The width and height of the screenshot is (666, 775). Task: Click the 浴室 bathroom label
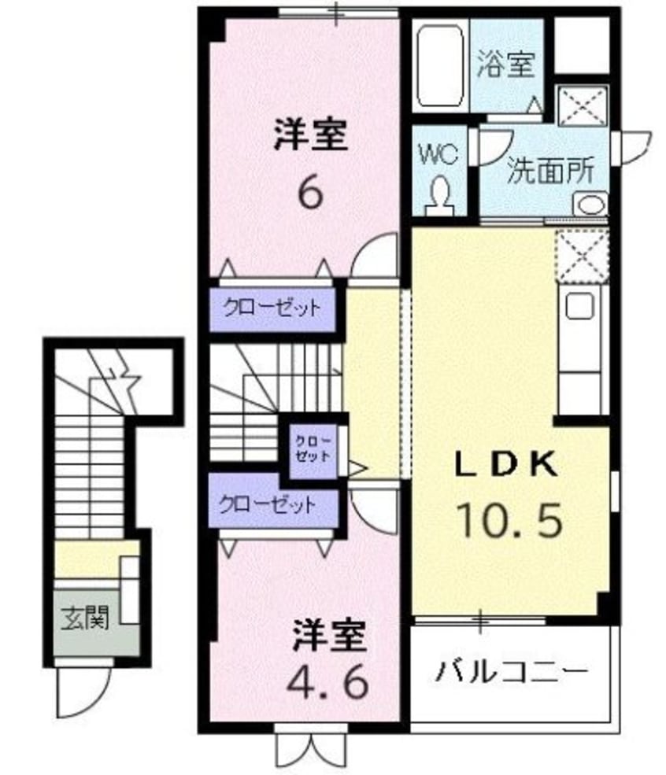pyautogui.click(x=505, y=65)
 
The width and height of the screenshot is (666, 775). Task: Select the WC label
pyautogui.click(x=438, y=153)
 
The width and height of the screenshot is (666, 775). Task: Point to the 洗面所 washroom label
pyautogui.click(x=549, y=171)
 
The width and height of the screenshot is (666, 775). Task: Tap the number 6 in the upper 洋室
pyautogui.click(x=310, y=193)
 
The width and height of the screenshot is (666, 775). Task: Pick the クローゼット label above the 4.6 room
pyautogui.click(x=268, y=504)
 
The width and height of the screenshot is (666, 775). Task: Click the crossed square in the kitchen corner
pyautogui.click(x=583, y=255)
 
